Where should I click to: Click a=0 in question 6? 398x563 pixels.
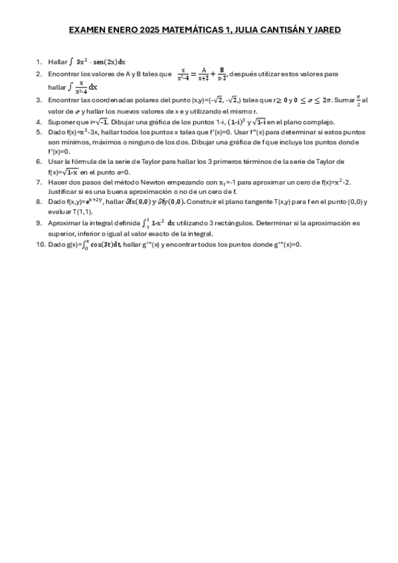[x=120, y=171]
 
